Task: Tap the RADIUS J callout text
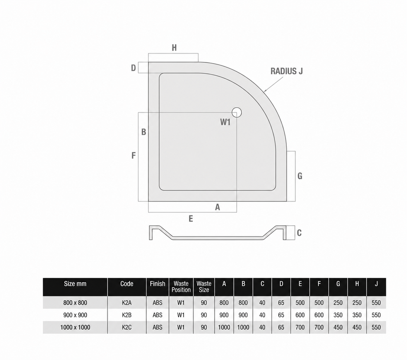click(x=287, y=71)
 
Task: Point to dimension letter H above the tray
click(x=174, y=48)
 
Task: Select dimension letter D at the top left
click(x=133, y=68)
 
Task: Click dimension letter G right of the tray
click(x=300, y=176)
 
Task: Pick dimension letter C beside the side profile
click(x=299, y=233)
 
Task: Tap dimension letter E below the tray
click(x=191, y=219)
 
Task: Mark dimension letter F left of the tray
click(x=133, y=156)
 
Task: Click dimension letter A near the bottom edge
click(x=218, y=207)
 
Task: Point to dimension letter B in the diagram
click(x=144, y=132)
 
